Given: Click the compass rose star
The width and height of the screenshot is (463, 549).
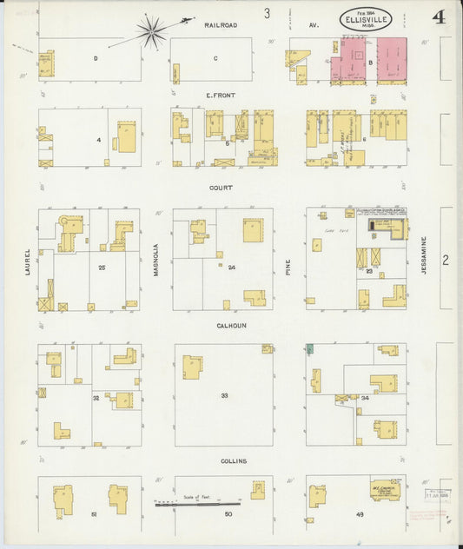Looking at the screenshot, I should [152, 31].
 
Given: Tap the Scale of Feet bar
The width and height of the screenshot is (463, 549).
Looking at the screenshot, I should [198, 502].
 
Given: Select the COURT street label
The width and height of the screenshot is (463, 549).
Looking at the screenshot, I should [222, 187].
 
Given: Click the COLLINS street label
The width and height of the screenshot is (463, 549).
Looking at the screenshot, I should [234, 460].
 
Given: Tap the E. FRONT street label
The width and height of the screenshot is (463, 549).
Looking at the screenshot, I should [222, 94].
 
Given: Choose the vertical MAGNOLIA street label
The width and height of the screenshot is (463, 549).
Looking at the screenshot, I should [155, 258].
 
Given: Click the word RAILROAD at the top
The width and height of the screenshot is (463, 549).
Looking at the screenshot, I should [222, 26].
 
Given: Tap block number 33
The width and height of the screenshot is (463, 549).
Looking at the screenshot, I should [224, 396].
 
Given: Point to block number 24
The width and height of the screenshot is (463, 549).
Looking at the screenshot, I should [231, 267].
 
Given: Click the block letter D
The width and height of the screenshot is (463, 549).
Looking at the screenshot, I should [95, 58].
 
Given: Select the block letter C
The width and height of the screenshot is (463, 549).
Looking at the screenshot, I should [215, 58].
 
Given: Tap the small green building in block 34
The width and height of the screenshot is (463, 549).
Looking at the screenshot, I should [309, 349].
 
